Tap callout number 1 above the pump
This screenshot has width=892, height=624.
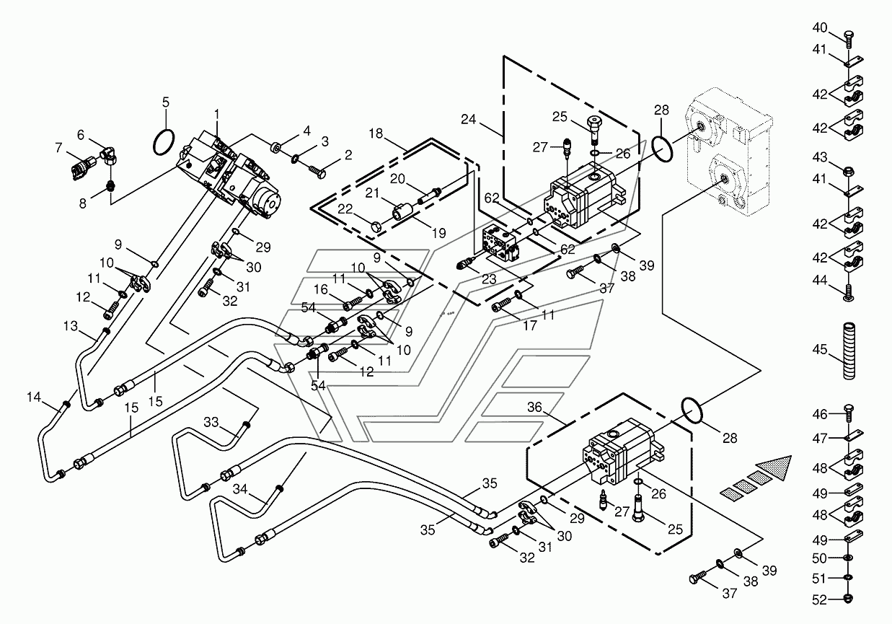tap(216, 114)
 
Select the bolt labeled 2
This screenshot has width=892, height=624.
tap(317, 172)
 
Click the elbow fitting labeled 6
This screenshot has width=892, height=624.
tap(110, 155)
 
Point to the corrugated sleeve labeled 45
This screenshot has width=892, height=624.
tap(848, 351)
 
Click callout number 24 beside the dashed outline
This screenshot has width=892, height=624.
tap(468, 119)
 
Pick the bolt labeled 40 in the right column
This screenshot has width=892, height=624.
tap(848, 39)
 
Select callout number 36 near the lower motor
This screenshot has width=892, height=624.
tap(534, 407)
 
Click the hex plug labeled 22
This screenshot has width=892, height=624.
tap(376, 227)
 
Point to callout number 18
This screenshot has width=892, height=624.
tap(376, 133)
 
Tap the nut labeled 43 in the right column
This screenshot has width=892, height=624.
tap(848, 172)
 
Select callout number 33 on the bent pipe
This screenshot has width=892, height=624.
tap(211, 421)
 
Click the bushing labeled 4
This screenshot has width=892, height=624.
tap(275, 148)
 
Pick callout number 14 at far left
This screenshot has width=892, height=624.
tap(34, 397)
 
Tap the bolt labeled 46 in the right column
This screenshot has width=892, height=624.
tap(848, 413)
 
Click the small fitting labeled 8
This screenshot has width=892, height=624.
tap(110, 185)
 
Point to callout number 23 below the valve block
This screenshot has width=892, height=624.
tap(489, 279)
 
